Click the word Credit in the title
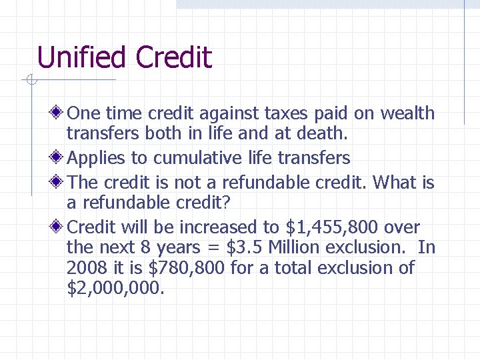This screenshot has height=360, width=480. (x=173, y=57)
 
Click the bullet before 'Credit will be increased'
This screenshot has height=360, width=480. (x=59, y=227)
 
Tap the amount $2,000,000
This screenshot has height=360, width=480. (x=114, y=289)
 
